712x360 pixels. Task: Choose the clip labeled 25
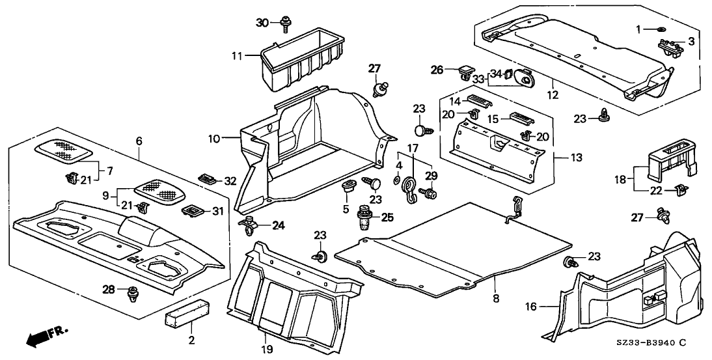[x=363, y=218]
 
